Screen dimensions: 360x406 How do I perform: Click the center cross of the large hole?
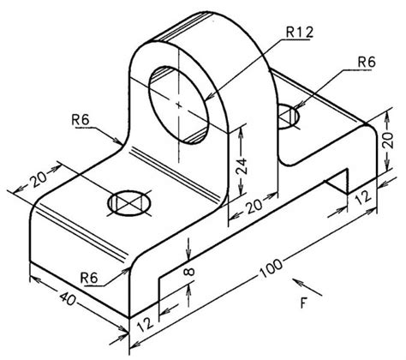pyautogui.click(x=179, y=104)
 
